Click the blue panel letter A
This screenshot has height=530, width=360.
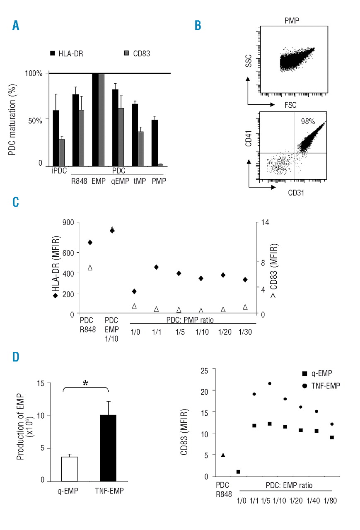[16, 26]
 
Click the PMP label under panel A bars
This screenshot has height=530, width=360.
[159, 181]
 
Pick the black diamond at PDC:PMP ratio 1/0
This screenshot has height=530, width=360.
[134, 291]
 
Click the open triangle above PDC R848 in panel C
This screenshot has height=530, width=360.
[89, 267]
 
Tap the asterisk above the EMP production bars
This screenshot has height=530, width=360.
[85, 383]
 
